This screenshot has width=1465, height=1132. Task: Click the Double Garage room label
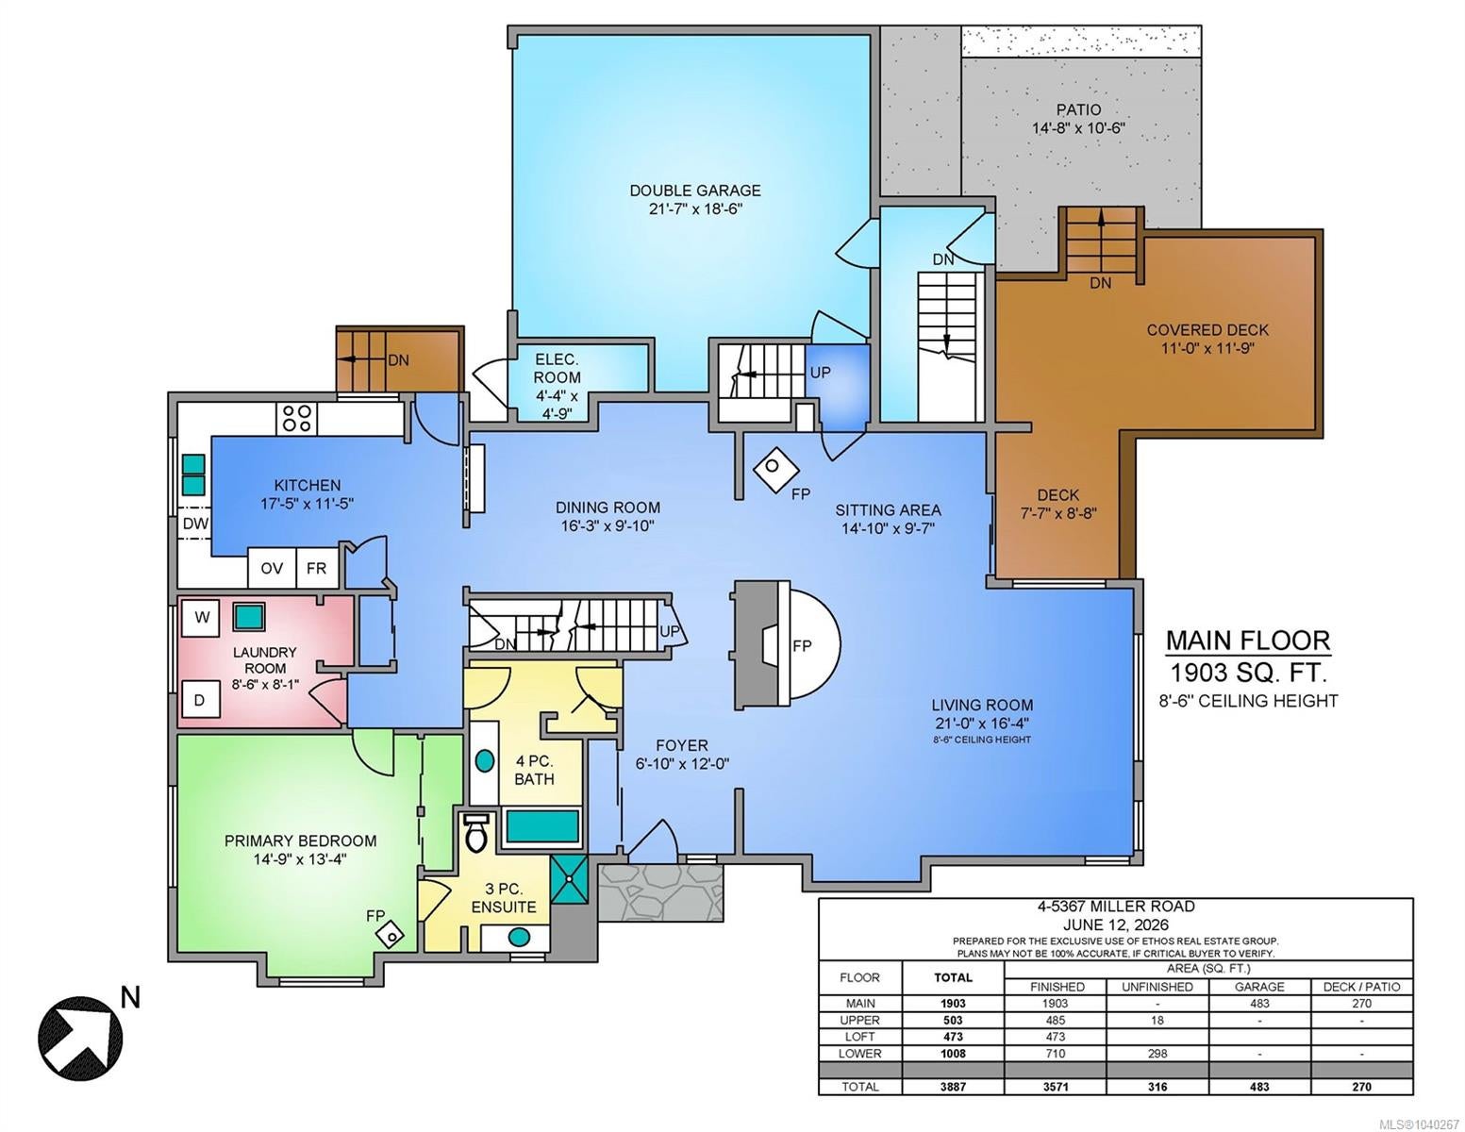click(x=695, y=200)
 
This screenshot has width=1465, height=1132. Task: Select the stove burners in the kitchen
click(x=297, y=418)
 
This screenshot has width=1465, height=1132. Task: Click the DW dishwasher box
click(x=195, y=524)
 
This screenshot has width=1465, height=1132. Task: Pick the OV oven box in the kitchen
click(x=272, y=569)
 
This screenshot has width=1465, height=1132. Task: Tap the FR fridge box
click(x=317, y=569)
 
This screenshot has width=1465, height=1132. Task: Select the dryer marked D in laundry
click(x=200, y=700)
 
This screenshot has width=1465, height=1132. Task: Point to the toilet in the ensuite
click(x=476, y=833)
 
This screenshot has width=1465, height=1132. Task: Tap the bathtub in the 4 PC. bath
click(x=542, y=826)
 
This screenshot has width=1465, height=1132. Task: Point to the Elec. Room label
click(x=557, y=386)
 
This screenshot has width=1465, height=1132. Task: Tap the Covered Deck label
click(x=1207, y=339)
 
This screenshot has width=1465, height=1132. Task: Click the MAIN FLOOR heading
click(x=1249, y=640)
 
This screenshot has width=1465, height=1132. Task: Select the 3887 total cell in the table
click(x=953, y=1086)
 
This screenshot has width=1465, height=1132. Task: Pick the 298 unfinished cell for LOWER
click(x=1157, y=1053)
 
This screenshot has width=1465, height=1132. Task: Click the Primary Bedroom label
click(x=300, y=850)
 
